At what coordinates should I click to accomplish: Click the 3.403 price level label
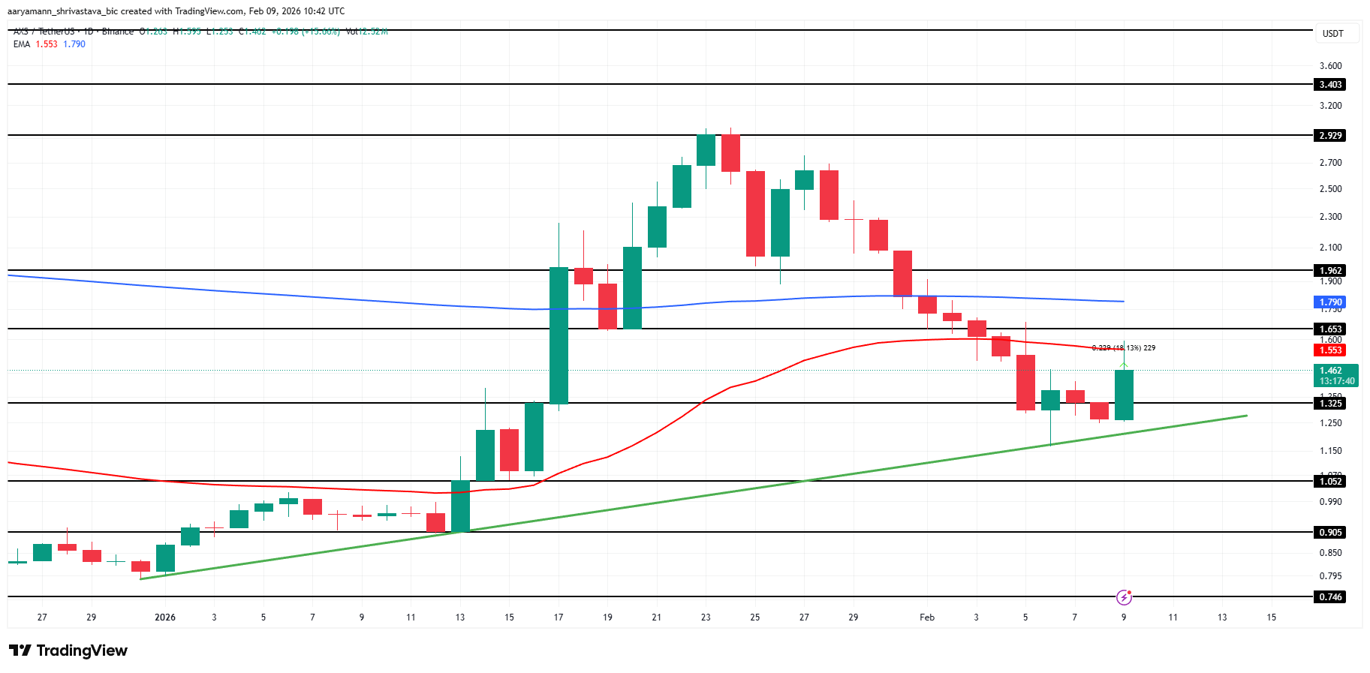click(x=1330, y=85)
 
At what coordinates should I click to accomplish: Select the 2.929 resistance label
click(x=1330, y=136)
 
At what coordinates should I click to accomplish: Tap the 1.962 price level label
click(x=1330, y=271)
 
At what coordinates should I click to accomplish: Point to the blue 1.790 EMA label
click(x=1330, y=302)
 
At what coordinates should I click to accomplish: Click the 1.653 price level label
click(x=1330, y=329)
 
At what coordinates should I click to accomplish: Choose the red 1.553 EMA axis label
click(x=1330, y=350)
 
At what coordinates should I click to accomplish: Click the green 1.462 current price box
click(x=1336, y=375)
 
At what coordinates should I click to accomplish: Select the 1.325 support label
click(x=1330, y=404)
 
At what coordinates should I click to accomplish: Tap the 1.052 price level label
click(x=1330, y=482)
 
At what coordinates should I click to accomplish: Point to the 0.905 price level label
click(x=1330, y=533)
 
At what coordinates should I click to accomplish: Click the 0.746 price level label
click(x=1330, y=597)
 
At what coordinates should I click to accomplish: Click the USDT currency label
click(x=1332, y=34)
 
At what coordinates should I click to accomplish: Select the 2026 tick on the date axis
click(x=165, y=617)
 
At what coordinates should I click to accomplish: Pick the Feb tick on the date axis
click(x=927, y=617)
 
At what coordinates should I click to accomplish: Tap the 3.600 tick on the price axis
click(x=1330, y=66)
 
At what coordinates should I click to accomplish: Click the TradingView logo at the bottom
click(x=68, y=650)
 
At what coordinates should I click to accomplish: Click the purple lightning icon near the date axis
click(x=1124, y=597)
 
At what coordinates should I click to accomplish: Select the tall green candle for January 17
click(x=559, y=335)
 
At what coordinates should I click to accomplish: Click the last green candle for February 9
click(x=1124, y=395)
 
